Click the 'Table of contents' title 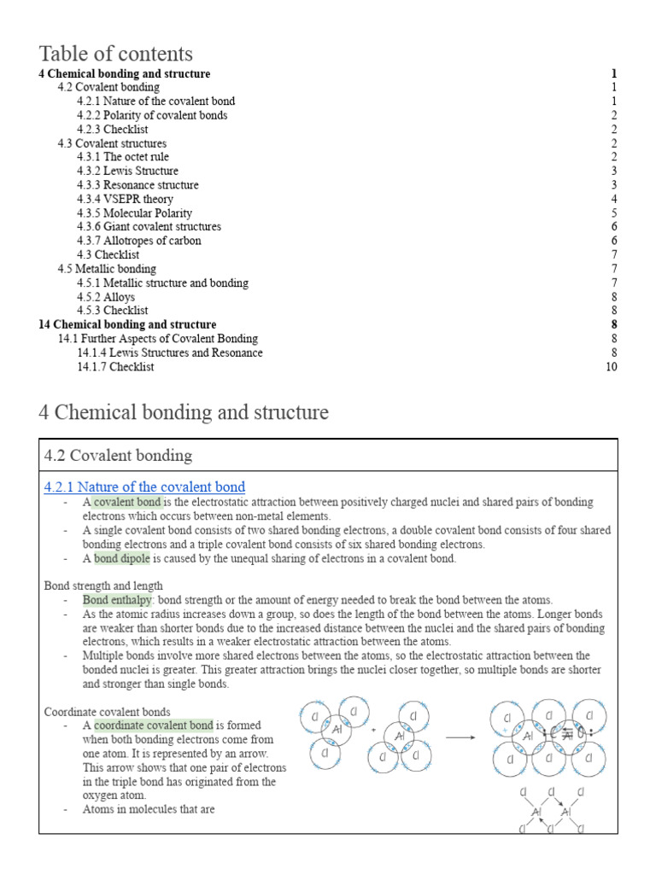115,54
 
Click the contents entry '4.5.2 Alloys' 106,297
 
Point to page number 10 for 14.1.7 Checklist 611,367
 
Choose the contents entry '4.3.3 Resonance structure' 138,185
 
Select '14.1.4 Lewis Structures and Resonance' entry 169,353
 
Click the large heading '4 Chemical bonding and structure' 184,412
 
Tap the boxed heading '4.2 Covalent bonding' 118,455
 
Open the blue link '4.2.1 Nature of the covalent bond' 144,487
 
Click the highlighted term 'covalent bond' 126,502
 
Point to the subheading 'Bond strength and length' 98,586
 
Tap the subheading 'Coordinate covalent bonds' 107,711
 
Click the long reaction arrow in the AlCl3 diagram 460,738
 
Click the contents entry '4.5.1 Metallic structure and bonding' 162,283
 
